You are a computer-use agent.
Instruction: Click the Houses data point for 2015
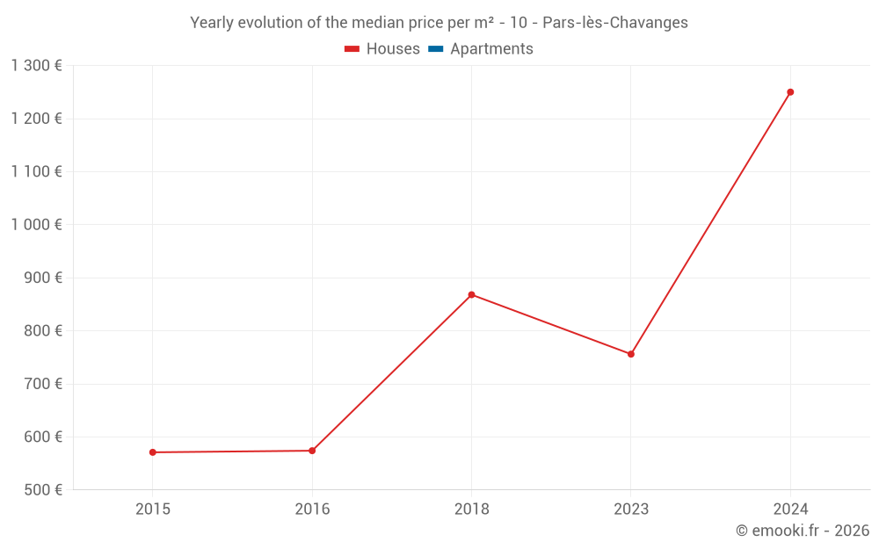click(x=153, y=452)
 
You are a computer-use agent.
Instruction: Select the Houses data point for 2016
click(x=312, y=451)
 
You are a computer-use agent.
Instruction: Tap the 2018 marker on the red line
click(x=472, y=294)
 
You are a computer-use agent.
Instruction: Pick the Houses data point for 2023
click(x=631, y=354)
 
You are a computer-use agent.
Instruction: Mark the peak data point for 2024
click(x=790, y=92)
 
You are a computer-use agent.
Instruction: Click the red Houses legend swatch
click(x=352, y=49)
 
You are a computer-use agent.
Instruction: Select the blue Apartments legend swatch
click(x=436, y=49)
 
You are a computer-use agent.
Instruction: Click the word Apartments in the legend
click(x=491, y=49)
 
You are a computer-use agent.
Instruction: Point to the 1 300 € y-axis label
click(x=37, y=65)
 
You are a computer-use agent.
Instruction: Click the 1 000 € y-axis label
click(x=37, y=224)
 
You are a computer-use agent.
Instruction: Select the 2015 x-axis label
click(x=153, y=509)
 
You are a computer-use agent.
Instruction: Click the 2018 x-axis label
click(x=472, y=509)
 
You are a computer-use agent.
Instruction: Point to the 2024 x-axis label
click(x=790, y=509)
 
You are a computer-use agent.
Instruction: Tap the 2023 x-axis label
click(x=631, y=509)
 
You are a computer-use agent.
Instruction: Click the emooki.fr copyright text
click(x=803, y=531)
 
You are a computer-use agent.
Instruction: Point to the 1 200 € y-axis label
click(x=37, y=119)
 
